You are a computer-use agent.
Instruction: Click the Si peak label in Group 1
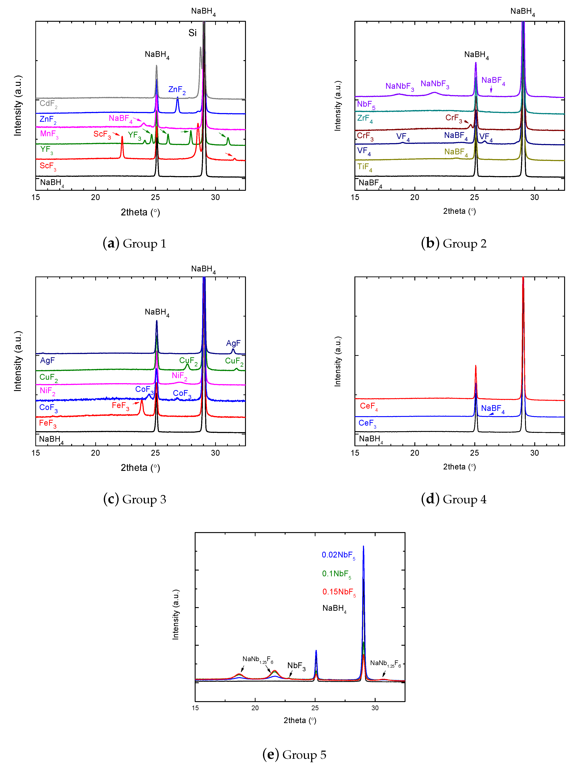(193, 33)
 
